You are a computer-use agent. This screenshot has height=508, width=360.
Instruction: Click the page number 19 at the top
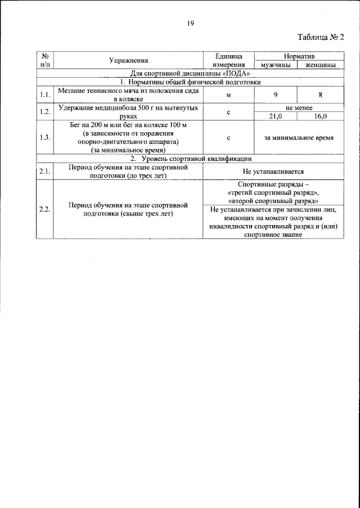pyautogui.click(x=190, y=23)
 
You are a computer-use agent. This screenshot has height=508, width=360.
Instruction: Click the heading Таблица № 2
pyautogui.click(x=319, y=37)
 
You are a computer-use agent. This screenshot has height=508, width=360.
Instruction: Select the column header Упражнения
pyautogui.click(x=129, y=60)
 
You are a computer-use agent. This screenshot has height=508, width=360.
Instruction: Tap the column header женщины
pyautogui.click(x=321, y=65)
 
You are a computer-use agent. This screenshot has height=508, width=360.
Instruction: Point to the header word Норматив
pyautogui.click(x=299, y=57)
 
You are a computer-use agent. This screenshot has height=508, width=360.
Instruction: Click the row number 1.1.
pyautogui.click(x=45, y=95)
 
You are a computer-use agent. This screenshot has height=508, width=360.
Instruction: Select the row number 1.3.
pyautogui.click(x=45, y=137)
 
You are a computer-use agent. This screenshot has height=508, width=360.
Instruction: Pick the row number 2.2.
pyautogui.click(x=45, y=209)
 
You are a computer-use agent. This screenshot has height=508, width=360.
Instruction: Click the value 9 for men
pyautogui.click(x=276, y=95)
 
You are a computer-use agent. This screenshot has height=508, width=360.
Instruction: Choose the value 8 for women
pyautogui.click(x=320, y=95)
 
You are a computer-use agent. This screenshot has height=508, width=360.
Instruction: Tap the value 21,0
pyautogui.click(x=276, y=116)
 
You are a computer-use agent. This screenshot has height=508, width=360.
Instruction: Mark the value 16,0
pyautogui.click(x=320, y=116)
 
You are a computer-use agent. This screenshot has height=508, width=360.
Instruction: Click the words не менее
pyautogui.click(x=299, y=107)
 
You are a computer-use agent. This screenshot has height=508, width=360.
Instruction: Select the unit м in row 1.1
pyautogui.click(x=228, y=95)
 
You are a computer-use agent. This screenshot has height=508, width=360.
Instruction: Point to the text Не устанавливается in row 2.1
pyautogui.click(x=273, y=172)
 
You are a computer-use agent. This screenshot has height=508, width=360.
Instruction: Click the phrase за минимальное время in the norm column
pyautogui.click(x=299, y=137)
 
